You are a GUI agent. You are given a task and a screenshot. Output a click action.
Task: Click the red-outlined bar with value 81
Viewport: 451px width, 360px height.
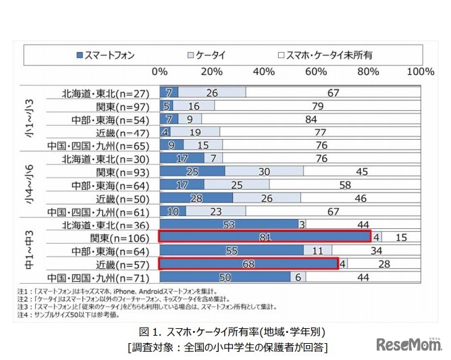(265, 236)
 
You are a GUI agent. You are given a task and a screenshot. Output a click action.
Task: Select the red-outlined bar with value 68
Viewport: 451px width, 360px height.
(248, 263)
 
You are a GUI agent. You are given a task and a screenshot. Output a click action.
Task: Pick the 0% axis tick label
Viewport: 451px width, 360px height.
(160, 72)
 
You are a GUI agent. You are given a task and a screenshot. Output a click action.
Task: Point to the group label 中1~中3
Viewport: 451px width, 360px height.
(28, 251)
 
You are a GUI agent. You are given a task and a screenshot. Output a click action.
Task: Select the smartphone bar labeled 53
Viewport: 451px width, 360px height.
(229, 224)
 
